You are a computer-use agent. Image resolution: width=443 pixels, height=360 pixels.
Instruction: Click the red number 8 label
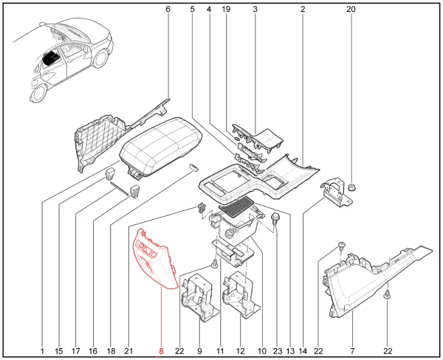pyautogui.click(x=161, y=351)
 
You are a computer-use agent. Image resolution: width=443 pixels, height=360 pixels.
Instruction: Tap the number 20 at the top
pyautogui.click(x=351, y=10)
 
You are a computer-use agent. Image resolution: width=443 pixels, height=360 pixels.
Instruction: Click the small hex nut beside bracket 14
pyautogui.click(x=351, y=187)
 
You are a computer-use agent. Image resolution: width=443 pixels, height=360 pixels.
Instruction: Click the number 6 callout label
pyautogui.click(x=168, y=10)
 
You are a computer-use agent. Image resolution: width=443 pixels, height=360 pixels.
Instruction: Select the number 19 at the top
pyautogui.click(x=226, y=10)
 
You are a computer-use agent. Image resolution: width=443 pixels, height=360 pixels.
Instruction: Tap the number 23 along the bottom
pyautogui.click(x=278, y=351)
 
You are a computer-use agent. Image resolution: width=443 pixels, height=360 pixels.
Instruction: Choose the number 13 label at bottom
pyautogui.click(x=290, y=351)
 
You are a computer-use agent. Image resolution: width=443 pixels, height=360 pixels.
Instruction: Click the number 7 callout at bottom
pyautogui.click(x=352, y=351)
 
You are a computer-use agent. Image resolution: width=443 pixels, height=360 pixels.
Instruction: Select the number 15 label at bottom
pyautogui.click(x=59, y=351)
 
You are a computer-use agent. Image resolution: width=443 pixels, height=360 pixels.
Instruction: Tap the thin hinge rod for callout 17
pyautogui.click(x=119, y=188)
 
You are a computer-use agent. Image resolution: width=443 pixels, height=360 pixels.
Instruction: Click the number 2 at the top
pyautogui.click(x=303, y=10)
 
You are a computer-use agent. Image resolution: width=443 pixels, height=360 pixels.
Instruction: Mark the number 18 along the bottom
pyautogui.click(x=111, y=351)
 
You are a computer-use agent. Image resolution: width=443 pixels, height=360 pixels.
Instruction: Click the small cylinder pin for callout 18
pyautogui.click(x=193, y=166)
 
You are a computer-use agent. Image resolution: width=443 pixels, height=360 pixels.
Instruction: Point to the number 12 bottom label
pyautogui.click(x=240, y=351)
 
